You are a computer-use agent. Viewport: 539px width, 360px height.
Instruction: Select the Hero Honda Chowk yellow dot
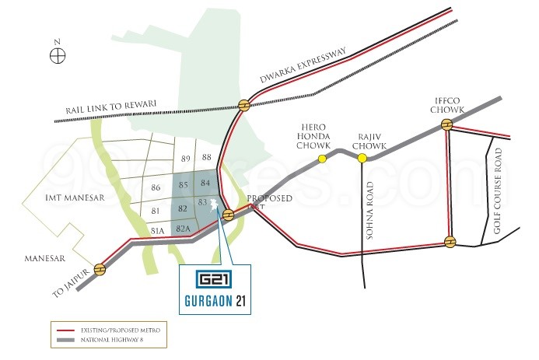click(322, 159)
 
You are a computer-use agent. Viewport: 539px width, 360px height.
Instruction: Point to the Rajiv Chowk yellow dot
click(362, 159)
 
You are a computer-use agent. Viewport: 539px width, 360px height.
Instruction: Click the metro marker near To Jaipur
click(100, 269)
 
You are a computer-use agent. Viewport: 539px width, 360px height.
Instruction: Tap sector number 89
click(185, 159)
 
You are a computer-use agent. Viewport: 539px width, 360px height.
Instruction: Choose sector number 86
click(156, 188)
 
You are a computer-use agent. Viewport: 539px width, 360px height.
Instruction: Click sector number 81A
click(158, 230)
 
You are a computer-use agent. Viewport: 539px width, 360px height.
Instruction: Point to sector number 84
click(205, 183)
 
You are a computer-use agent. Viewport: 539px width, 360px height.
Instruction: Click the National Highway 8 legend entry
click(110, 341)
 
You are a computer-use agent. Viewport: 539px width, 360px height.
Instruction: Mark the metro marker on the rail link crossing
click(245, 105)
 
